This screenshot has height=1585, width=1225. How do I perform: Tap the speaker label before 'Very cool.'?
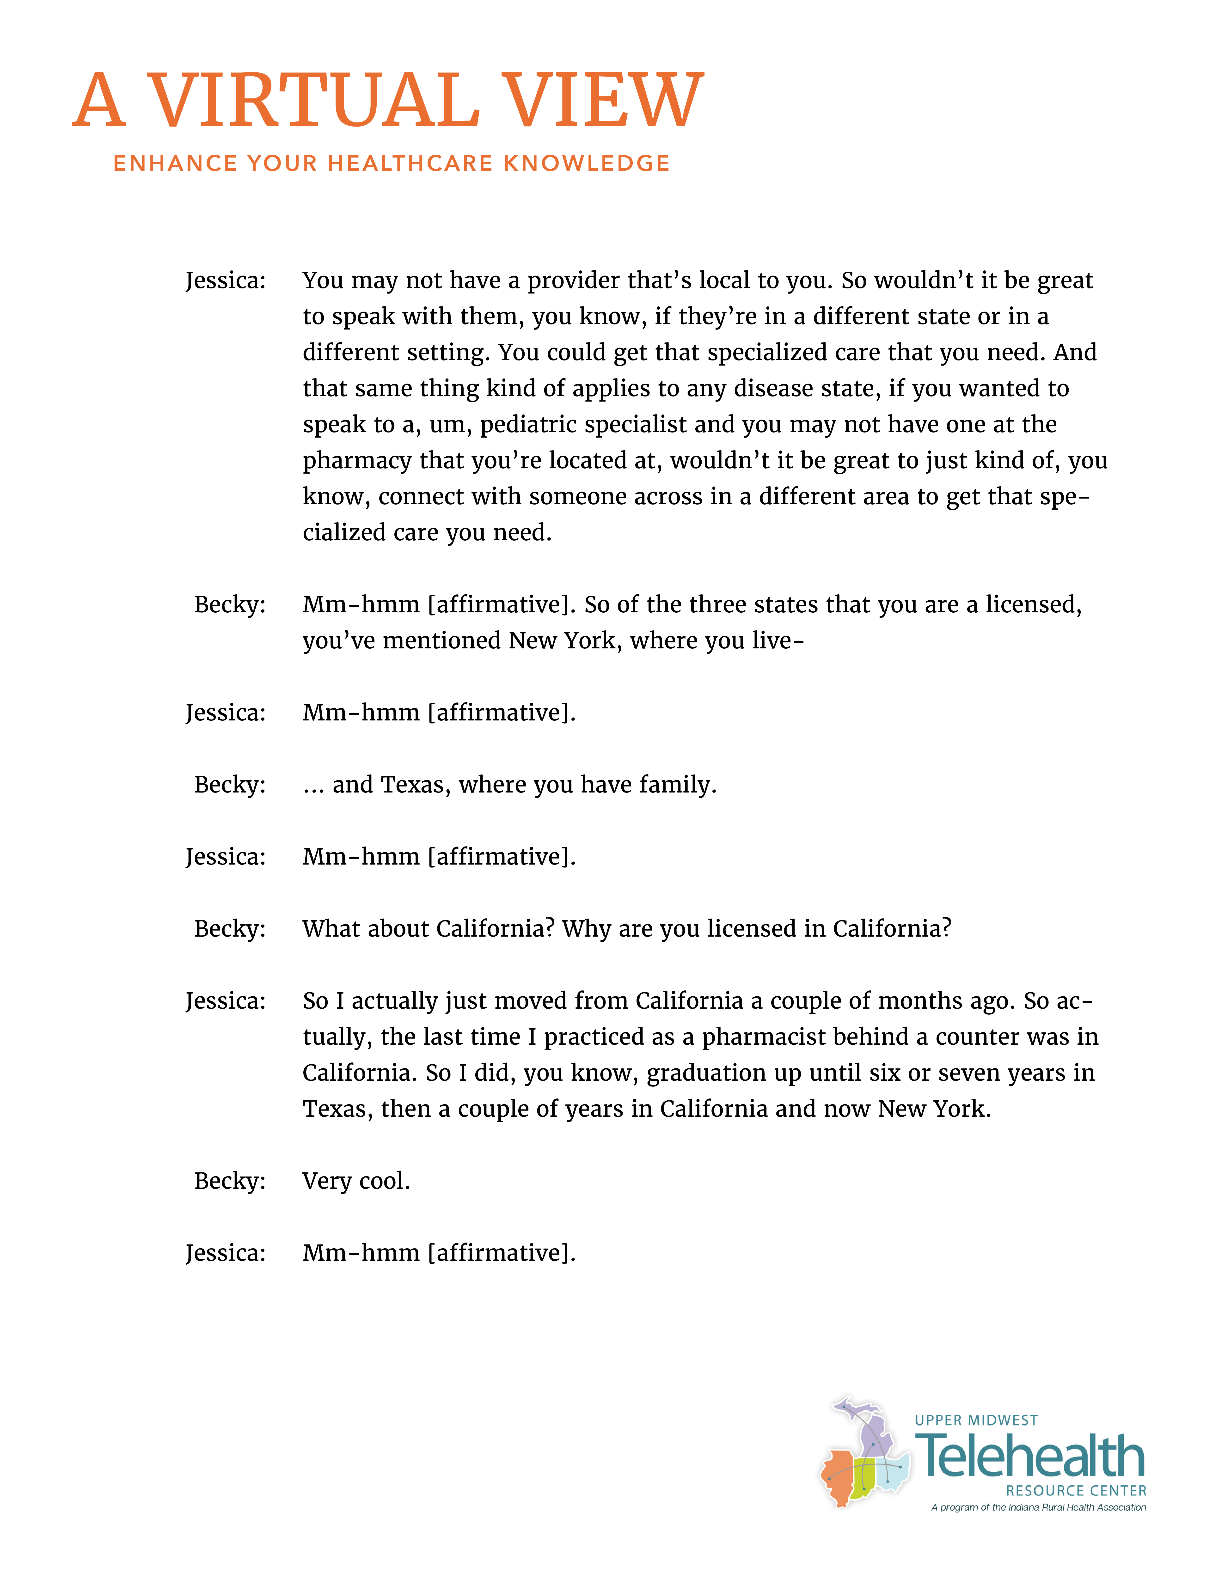(229, 1181)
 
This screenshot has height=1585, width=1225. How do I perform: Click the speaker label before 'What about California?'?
(229, 929)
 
